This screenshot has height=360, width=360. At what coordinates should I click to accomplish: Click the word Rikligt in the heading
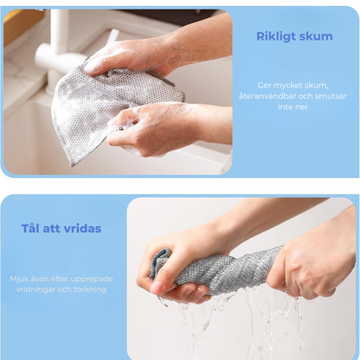278,36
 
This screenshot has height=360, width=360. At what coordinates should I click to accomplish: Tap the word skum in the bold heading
317,36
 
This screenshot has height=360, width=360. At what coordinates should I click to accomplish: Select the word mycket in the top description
290,86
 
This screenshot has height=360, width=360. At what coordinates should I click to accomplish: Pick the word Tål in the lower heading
34,229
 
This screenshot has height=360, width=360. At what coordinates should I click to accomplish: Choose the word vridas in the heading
83,229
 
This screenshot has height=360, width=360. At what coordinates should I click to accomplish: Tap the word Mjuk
20,279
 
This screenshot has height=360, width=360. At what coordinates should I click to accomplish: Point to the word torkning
91,290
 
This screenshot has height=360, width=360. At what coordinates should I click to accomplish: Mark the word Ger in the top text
265,86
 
